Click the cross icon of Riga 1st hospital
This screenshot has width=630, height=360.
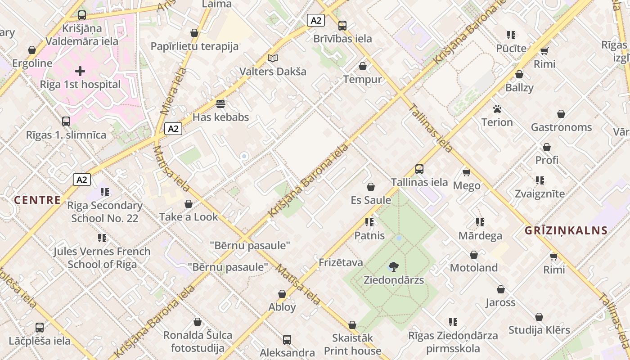pos(80,71)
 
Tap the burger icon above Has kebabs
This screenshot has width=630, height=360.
pos(220,104)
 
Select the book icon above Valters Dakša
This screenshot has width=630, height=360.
pos(273,58)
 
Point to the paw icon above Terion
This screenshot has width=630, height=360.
pos(497,109)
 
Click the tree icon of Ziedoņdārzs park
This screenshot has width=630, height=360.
pos(394,266)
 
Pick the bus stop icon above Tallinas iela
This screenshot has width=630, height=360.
pos(419,169)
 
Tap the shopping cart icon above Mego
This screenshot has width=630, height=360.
pos(467,172)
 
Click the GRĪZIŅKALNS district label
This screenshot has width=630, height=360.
pos(566,231)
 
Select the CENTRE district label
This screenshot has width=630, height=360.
pos(37,200)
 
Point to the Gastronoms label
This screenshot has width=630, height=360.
pos(561,127)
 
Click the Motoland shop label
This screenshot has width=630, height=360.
pos(474,268)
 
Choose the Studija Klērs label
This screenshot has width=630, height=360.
pos(539,330)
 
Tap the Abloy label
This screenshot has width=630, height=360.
pos(282,307)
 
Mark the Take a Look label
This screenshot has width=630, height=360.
pos(189,217)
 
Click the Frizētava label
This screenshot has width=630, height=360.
pos(341,263)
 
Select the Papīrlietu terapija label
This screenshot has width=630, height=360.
pos(194,46)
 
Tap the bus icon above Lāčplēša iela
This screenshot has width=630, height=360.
pos(40,328)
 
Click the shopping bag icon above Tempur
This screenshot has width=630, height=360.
pos(363,67)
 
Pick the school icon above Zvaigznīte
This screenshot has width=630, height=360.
pos(540,180)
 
